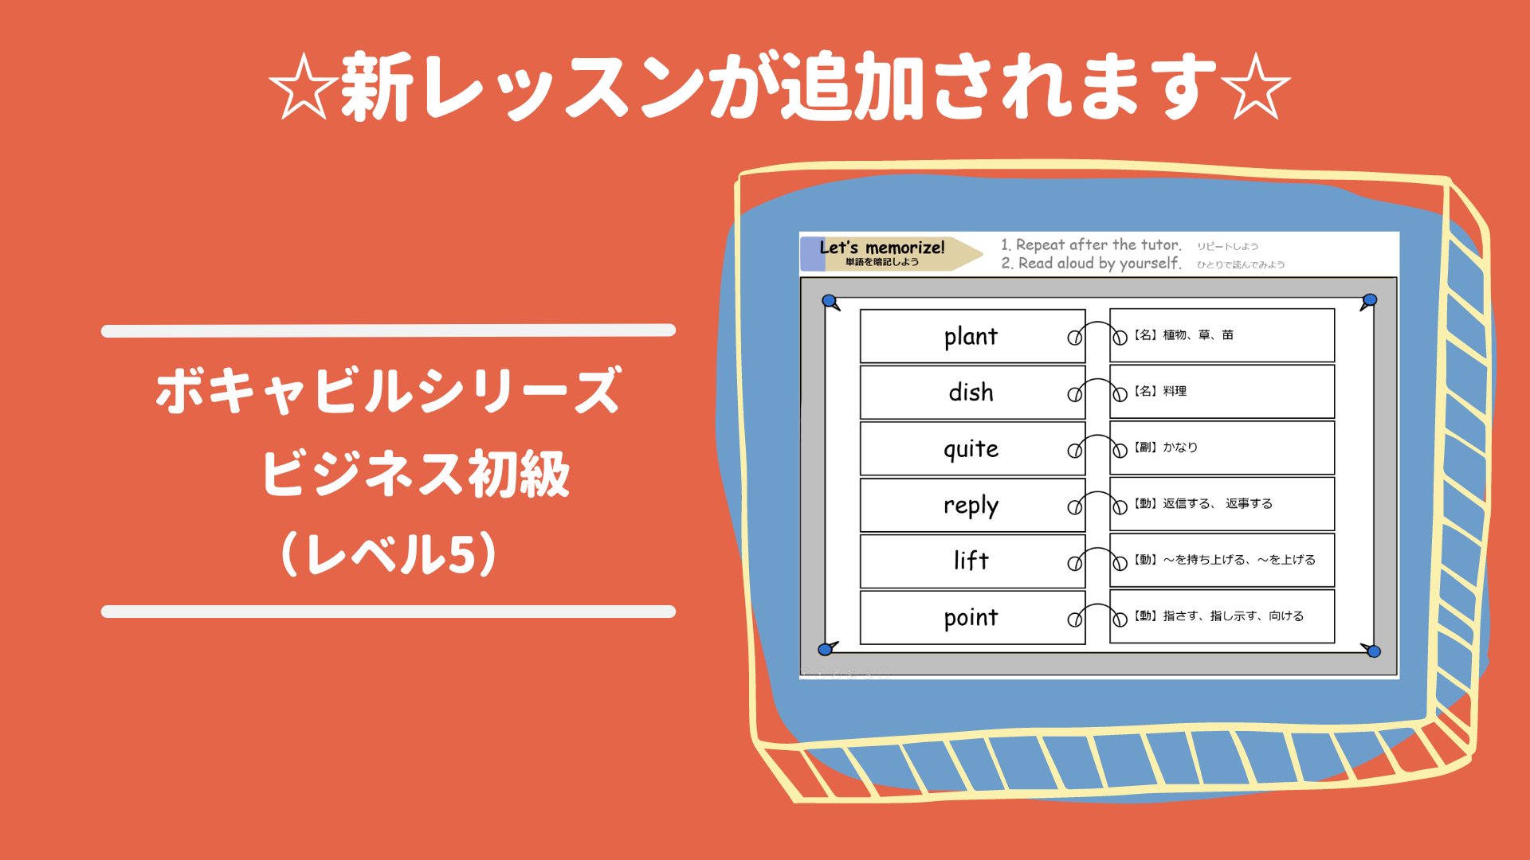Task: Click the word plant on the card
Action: coord(971,337)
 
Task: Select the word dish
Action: coord(971,393)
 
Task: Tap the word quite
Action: coord(971,450)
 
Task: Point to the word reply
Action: coord(971,506)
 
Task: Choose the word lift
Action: coord(971,561)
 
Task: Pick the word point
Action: coord(971,618)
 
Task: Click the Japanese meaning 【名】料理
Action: coord(1160,392)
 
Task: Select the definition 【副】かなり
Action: coord(1166,448)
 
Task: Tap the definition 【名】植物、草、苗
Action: coord(1183,335)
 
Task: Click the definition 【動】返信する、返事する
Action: coord(1203,504)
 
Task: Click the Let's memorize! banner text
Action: coord(882,248)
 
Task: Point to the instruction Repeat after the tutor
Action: coord(1092,245)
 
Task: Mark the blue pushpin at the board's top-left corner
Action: coord(830,302)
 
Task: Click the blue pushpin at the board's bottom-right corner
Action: coord(1373,651)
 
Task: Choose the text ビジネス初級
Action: coord(416,474)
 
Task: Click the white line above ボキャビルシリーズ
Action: coord(388,330)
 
